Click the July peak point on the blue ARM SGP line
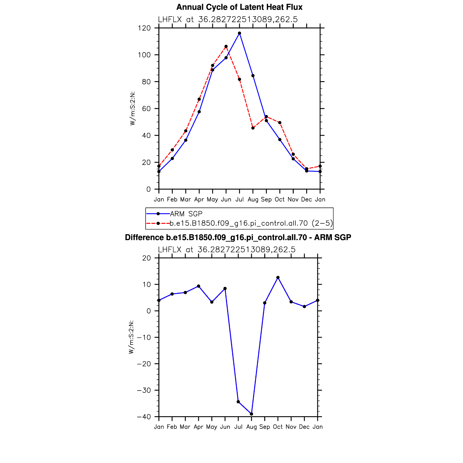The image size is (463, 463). (x=239, y=33)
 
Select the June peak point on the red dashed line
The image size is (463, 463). (x=226, y=46)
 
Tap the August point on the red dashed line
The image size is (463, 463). (x=253, y=128)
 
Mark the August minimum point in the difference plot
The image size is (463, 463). (x=252, y=414)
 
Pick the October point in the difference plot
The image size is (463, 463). (x=278, y=277)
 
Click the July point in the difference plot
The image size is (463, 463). (x=238, y=402)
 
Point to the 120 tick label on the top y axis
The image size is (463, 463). (x=144, y=28)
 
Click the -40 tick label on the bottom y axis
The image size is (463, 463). (x=144, y=417)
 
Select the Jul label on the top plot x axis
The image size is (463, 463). (x=239, y=199)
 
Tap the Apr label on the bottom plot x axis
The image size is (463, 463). (x=199, y=427)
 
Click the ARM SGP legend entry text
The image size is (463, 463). (x=186, y=214)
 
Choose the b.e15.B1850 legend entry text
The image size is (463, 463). (x=252, y=224)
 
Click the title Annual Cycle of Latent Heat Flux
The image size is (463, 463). (x=239, y=7)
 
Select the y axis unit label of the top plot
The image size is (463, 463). (x=133, y=109)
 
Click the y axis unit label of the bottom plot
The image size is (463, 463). (x=131, y=337)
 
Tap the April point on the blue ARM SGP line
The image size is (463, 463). (x=199, y=112)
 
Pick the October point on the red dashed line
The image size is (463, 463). (x=280, y=123)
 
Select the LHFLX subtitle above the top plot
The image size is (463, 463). (x=228, y=19)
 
